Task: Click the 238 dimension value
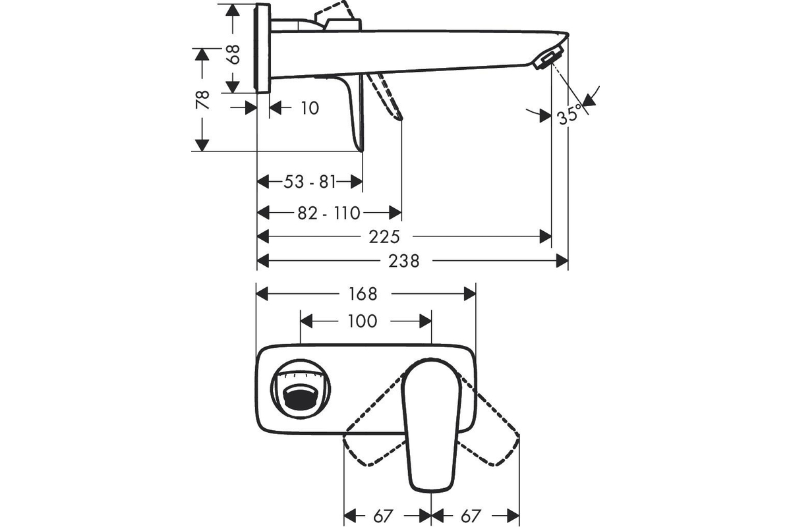404,262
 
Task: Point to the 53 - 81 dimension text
310,181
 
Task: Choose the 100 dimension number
362,321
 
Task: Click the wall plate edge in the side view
262,49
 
